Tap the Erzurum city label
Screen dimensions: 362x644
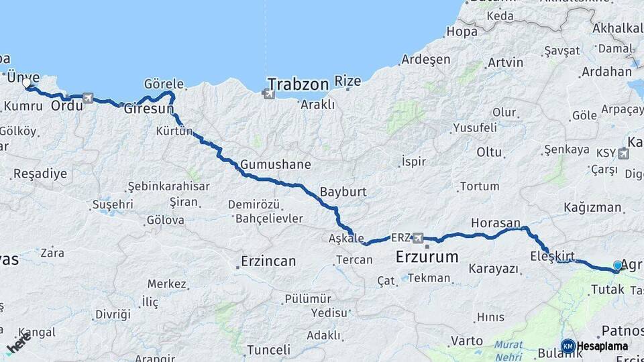coord(427,257)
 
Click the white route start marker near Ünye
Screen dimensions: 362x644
coord(28,84)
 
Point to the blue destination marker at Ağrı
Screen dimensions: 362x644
coord(618,265)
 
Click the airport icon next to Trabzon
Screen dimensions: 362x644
coord(269,93)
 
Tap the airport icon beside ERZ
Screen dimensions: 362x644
coord(419,237)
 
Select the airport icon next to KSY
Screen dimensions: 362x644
coord(624,154)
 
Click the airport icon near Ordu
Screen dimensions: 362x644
coord(88,98)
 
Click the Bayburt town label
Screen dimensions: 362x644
coord(343,191)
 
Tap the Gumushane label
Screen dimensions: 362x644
coord(276,164)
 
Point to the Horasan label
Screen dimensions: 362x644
coord(496,223)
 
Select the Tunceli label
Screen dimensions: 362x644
coord(268,350)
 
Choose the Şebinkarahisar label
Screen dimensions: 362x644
coord(169,186)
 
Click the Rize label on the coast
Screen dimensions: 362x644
coord(348,81)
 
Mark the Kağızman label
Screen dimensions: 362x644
coord(593,208)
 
